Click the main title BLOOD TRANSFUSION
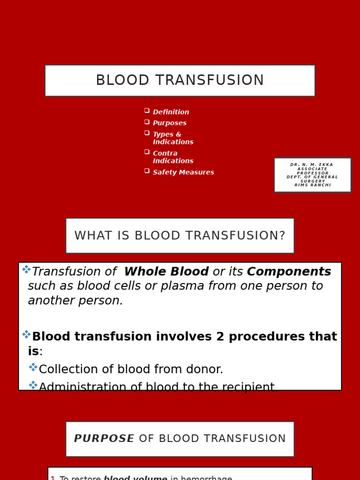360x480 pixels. tap(180, 81)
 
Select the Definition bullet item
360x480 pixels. tap(171, 112)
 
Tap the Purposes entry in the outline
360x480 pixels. tap(169, 123)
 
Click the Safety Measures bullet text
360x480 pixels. tap(183, 172)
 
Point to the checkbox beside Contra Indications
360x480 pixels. tap(147, 152)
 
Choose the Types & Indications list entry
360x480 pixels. tap(172, 138)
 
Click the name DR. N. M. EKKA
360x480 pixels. tap(312, 165)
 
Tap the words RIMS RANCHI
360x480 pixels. tap(313, 185)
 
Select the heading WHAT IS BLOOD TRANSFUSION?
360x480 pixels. tap(180, 235)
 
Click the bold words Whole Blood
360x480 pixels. tap(166, 271)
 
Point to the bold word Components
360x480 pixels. tap(289, 271)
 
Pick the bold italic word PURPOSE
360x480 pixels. tap(104, 439)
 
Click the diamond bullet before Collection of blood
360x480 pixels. tap(33, 367)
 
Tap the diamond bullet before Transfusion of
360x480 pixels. tap(26, 270)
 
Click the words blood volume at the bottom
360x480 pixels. tap(135, 478)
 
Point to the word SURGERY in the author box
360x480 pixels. tap(313, 181)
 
